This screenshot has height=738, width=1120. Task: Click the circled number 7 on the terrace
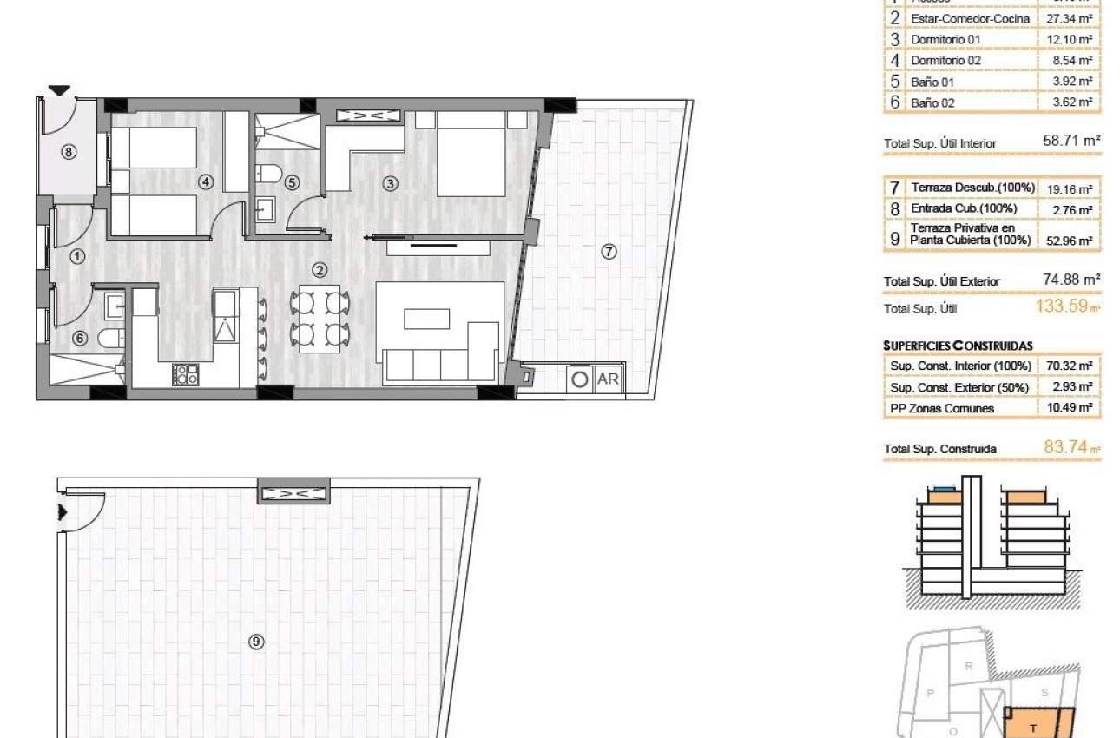609,252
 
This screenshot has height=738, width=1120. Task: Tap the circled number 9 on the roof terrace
256,642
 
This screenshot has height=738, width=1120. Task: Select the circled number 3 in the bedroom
391,183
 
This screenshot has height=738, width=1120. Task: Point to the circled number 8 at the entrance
69,152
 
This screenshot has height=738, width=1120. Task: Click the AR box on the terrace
609,379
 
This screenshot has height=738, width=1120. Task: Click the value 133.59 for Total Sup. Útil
1063,306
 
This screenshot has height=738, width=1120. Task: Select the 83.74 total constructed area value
1066,448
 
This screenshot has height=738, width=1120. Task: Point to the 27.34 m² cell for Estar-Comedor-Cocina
1070,18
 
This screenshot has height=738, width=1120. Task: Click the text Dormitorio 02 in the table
945,61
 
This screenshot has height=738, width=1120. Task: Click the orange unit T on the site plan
1035,726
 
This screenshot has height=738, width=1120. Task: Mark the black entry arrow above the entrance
59,90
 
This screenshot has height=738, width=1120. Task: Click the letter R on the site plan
969,666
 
